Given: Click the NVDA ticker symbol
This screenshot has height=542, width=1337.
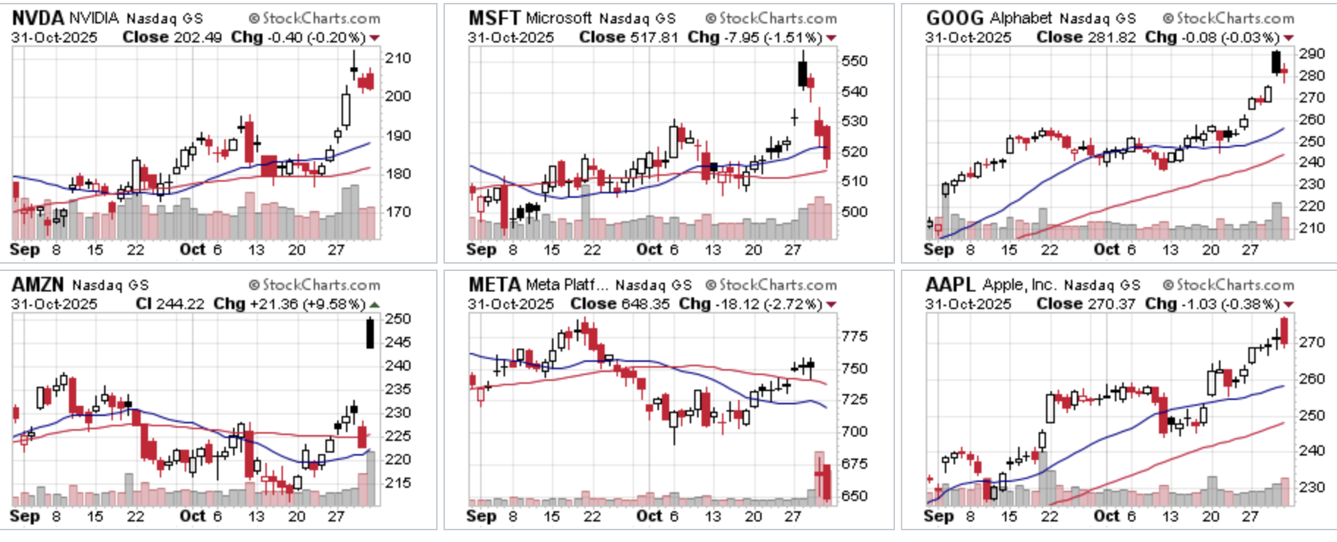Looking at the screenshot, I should point(37,18).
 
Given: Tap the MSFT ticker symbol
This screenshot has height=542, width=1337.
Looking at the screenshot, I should point(494,18).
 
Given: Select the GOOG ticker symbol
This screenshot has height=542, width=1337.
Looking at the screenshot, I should point(954,18).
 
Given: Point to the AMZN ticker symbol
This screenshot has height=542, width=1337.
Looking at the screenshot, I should point(37,284).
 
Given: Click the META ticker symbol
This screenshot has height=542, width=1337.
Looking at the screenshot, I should point(494,284).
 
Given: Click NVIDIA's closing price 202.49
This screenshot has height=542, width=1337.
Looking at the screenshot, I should point(198,37).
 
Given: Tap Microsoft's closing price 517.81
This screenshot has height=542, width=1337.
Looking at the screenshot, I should point(655,37).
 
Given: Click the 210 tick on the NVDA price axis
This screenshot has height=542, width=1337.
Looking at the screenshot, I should point(398,58).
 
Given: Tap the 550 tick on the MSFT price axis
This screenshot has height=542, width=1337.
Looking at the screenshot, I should point(855,61).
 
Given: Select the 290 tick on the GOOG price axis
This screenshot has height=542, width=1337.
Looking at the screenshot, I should point(1311,53).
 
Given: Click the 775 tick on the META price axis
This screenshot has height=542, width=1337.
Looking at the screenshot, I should point(855,336).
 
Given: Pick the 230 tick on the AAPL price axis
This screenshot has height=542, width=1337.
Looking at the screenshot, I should point(1311,487).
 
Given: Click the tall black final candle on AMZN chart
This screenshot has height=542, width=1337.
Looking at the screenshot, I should point(370,333).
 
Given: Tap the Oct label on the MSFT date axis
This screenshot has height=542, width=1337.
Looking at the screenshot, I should point(649,250).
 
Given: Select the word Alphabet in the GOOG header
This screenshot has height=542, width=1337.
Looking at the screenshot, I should point(1021,18).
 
